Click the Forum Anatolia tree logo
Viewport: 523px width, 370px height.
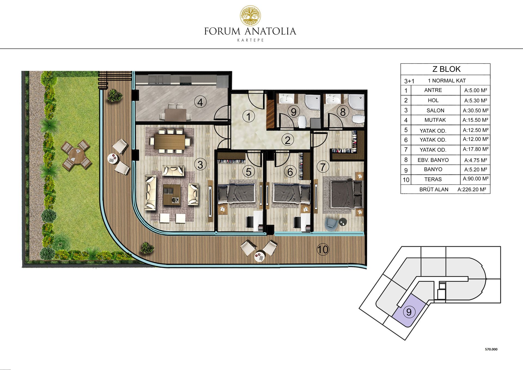(250, 16)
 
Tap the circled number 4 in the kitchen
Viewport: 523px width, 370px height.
(200, 102)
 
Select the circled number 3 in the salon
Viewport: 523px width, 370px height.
(200, 165)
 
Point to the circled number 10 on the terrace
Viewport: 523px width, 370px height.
(323, 249)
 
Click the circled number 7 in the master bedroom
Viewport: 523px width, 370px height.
(323, 167)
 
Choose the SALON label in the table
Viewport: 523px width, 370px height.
(435, 110)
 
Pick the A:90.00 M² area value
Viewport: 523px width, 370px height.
(476, 179)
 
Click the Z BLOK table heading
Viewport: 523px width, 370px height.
(446, 69)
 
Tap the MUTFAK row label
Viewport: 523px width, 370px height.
(435, 120)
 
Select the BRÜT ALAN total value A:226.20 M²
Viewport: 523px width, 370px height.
(472, 189)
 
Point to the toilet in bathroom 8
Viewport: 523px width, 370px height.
(358, 119)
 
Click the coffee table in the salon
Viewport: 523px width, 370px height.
(172, 195)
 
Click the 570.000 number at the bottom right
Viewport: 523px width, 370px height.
(491, 349)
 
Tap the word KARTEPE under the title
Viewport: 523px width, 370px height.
(250, 40)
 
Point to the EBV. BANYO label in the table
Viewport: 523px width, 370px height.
(433, 160)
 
